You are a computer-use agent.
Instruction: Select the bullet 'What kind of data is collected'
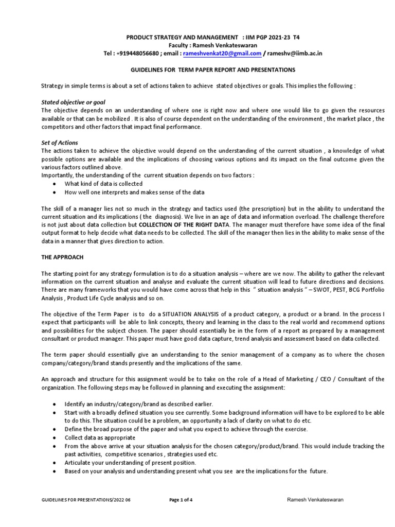pyautogui.click(x=103, y=184)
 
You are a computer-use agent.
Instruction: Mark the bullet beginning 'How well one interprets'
pyautogui.click(x=134, y=192)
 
